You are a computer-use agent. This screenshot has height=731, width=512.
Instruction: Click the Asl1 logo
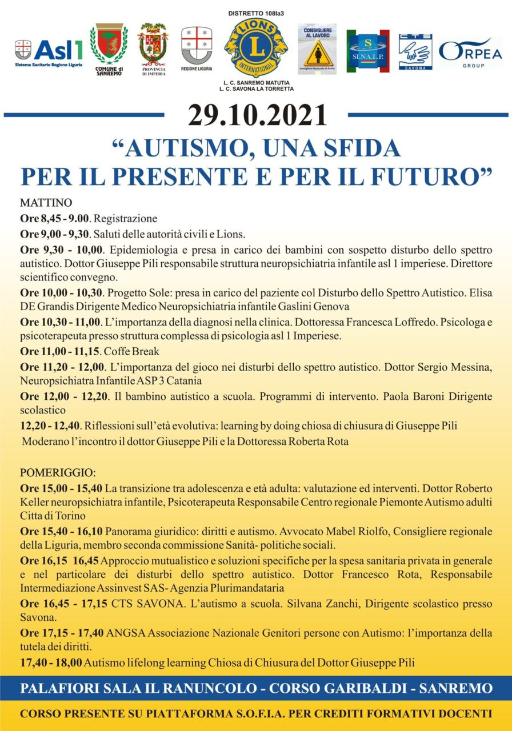(49, 52)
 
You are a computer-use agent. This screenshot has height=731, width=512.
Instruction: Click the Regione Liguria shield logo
(196, 46)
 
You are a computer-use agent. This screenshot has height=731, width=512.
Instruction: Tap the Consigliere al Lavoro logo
(317, 49)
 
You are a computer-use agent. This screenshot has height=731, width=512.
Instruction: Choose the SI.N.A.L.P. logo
(367, 51)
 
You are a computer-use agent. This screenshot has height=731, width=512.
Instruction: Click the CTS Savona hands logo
(415, 51)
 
